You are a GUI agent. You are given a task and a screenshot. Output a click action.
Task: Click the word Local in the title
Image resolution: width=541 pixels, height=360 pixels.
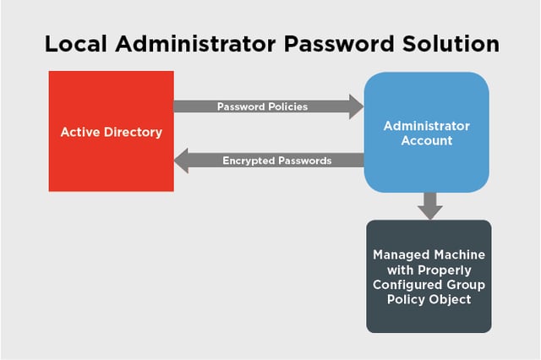pyautogui.click(x=76, y=44)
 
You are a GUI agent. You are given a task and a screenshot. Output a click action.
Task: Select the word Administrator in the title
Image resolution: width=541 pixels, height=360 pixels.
pyautogui.click(x=195, y=44)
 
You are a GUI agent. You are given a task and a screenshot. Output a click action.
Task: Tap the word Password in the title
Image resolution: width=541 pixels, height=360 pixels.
pyautogui.click(x=339, y=44)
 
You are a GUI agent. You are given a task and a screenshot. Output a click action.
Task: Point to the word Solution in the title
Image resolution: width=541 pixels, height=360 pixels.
pyautogui.click(x=451, y=44)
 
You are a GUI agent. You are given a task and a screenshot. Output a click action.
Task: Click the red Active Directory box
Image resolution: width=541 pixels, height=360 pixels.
pyautogui.click(x=111, y=131)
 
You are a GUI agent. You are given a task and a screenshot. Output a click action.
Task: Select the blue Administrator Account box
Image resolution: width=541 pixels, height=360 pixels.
pyautogui.click(x=426, y=132)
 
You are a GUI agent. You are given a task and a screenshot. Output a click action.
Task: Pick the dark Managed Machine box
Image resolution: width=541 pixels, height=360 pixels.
pyautogui.click(x=429, y=276)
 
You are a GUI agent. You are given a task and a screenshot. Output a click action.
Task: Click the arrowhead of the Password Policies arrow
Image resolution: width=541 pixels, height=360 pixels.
pyautogui.click(x=356, y=106)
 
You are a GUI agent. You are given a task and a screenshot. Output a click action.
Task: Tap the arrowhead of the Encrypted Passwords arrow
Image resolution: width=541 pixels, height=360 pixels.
pyautogui.click(x=181, y=161)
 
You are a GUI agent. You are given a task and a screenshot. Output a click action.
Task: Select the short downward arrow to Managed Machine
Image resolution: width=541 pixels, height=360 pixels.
pyautogui.click(x=430, y=206)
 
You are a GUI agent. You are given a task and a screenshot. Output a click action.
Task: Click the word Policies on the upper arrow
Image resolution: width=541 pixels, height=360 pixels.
pyautogui.click(x=288, y=106)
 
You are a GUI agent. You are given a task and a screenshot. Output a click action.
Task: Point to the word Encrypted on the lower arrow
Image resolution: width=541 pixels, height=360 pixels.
pyautogui.click(x=249, y=161)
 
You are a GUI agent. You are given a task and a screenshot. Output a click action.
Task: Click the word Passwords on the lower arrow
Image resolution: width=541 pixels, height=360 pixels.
pyautogui.click(x=304, y=161)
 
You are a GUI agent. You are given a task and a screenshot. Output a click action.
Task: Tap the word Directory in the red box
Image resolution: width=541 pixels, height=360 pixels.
pyautogui.click(x=134, y=133)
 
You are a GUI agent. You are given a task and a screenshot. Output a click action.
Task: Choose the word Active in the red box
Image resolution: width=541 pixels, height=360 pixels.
pyautogui.click(x=80, y=132)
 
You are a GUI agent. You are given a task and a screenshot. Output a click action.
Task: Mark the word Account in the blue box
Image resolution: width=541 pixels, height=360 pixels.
pyautogui.click(x=427, y=140)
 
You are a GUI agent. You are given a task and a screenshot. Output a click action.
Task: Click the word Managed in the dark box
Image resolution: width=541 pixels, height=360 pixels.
pyautogui.click(x=400, y=255)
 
